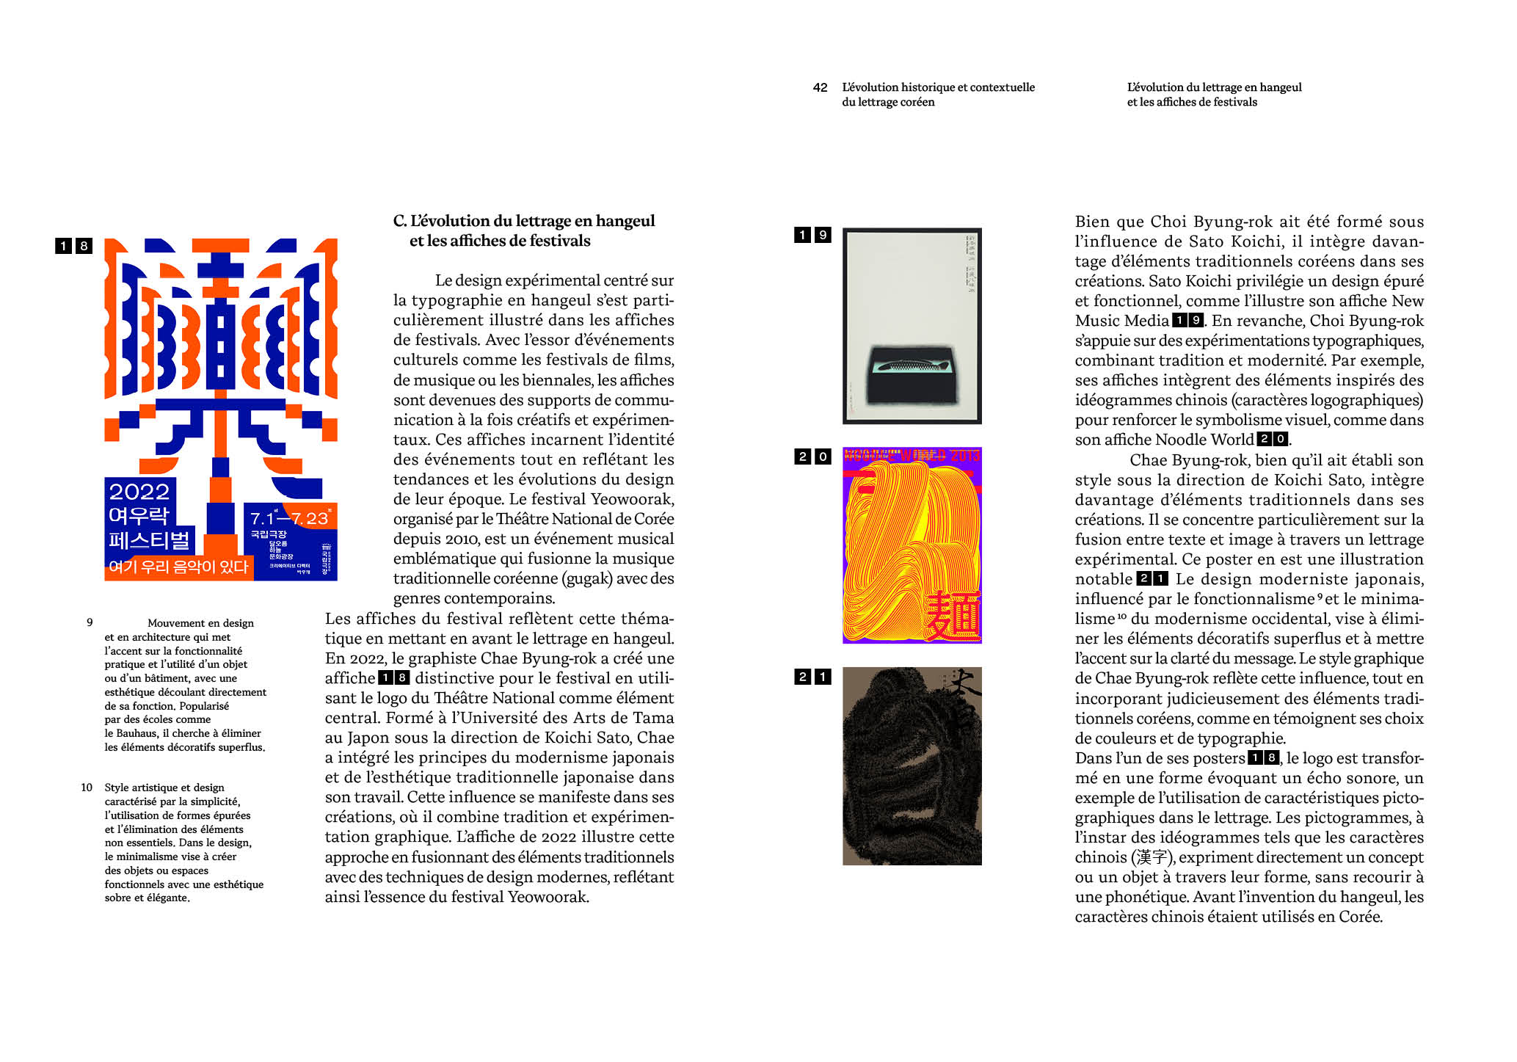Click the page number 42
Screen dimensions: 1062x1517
point(820,87)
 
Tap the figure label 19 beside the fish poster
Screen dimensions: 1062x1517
point(812,235)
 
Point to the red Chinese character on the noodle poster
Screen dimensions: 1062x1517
point(951,614)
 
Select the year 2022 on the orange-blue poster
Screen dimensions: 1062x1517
point(139,492)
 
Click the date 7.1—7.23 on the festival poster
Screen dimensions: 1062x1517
point(289,518)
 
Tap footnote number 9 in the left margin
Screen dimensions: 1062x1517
point(90,622)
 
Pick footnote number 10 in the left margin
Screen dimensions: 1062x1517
point(87,788)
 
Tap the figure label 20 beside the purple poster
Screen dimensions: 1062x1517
point(812,457)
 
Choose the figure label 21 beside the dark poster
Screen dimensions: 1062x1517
point(812,677)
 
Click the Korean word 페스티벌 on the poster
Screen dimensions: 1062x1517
point(149,541)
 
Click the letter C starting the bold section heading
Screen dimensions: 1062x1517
point(399,221)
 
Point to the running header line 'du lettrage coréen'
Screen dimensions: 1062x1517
point(888,102)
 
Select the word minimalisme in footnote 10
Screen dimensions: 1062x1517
point(135,856)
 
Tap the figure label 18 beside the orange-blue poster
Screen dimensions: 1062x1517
point(73,246)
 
